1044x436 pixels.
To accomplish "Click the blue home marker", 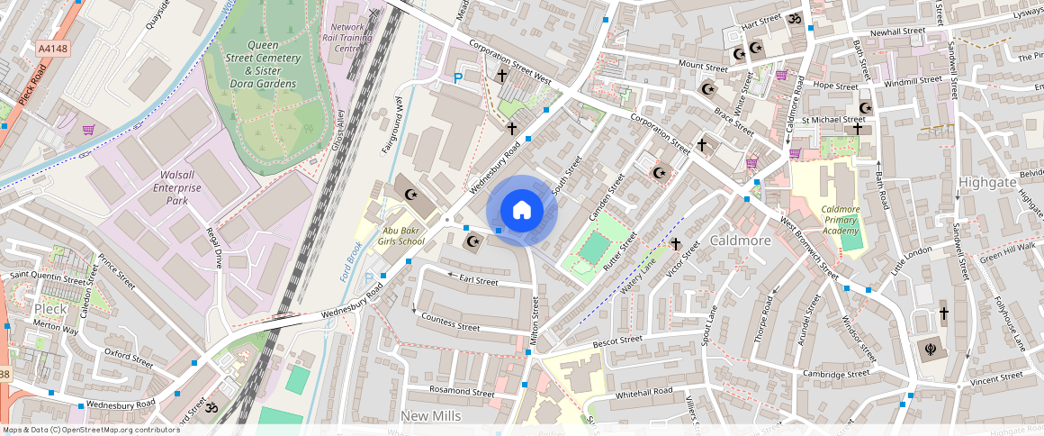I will (x=522, y=211).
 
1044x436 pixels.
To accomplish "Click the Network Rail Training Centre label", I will (x=348, y=38).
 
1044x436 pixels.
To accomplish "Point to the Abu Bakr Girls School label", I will (x=397, y=236).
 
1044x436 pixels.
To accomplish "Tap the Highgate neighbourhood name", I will (x=987, y=182).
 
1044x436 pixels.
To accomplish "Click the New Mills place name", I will (x=431, y=415).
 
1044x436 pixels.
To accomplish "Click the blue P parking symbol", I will (x=457, y=78).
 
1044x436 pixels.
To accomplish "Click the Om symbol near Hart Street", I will (x=793, y=18).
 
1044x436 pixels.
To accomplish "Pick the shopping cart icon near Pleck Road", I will (x=88, y=130).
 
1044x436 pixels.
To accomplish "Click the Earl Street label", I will (x=478, y=281).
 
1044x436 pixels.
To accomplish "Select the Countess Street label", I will (x=450, y=321).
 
